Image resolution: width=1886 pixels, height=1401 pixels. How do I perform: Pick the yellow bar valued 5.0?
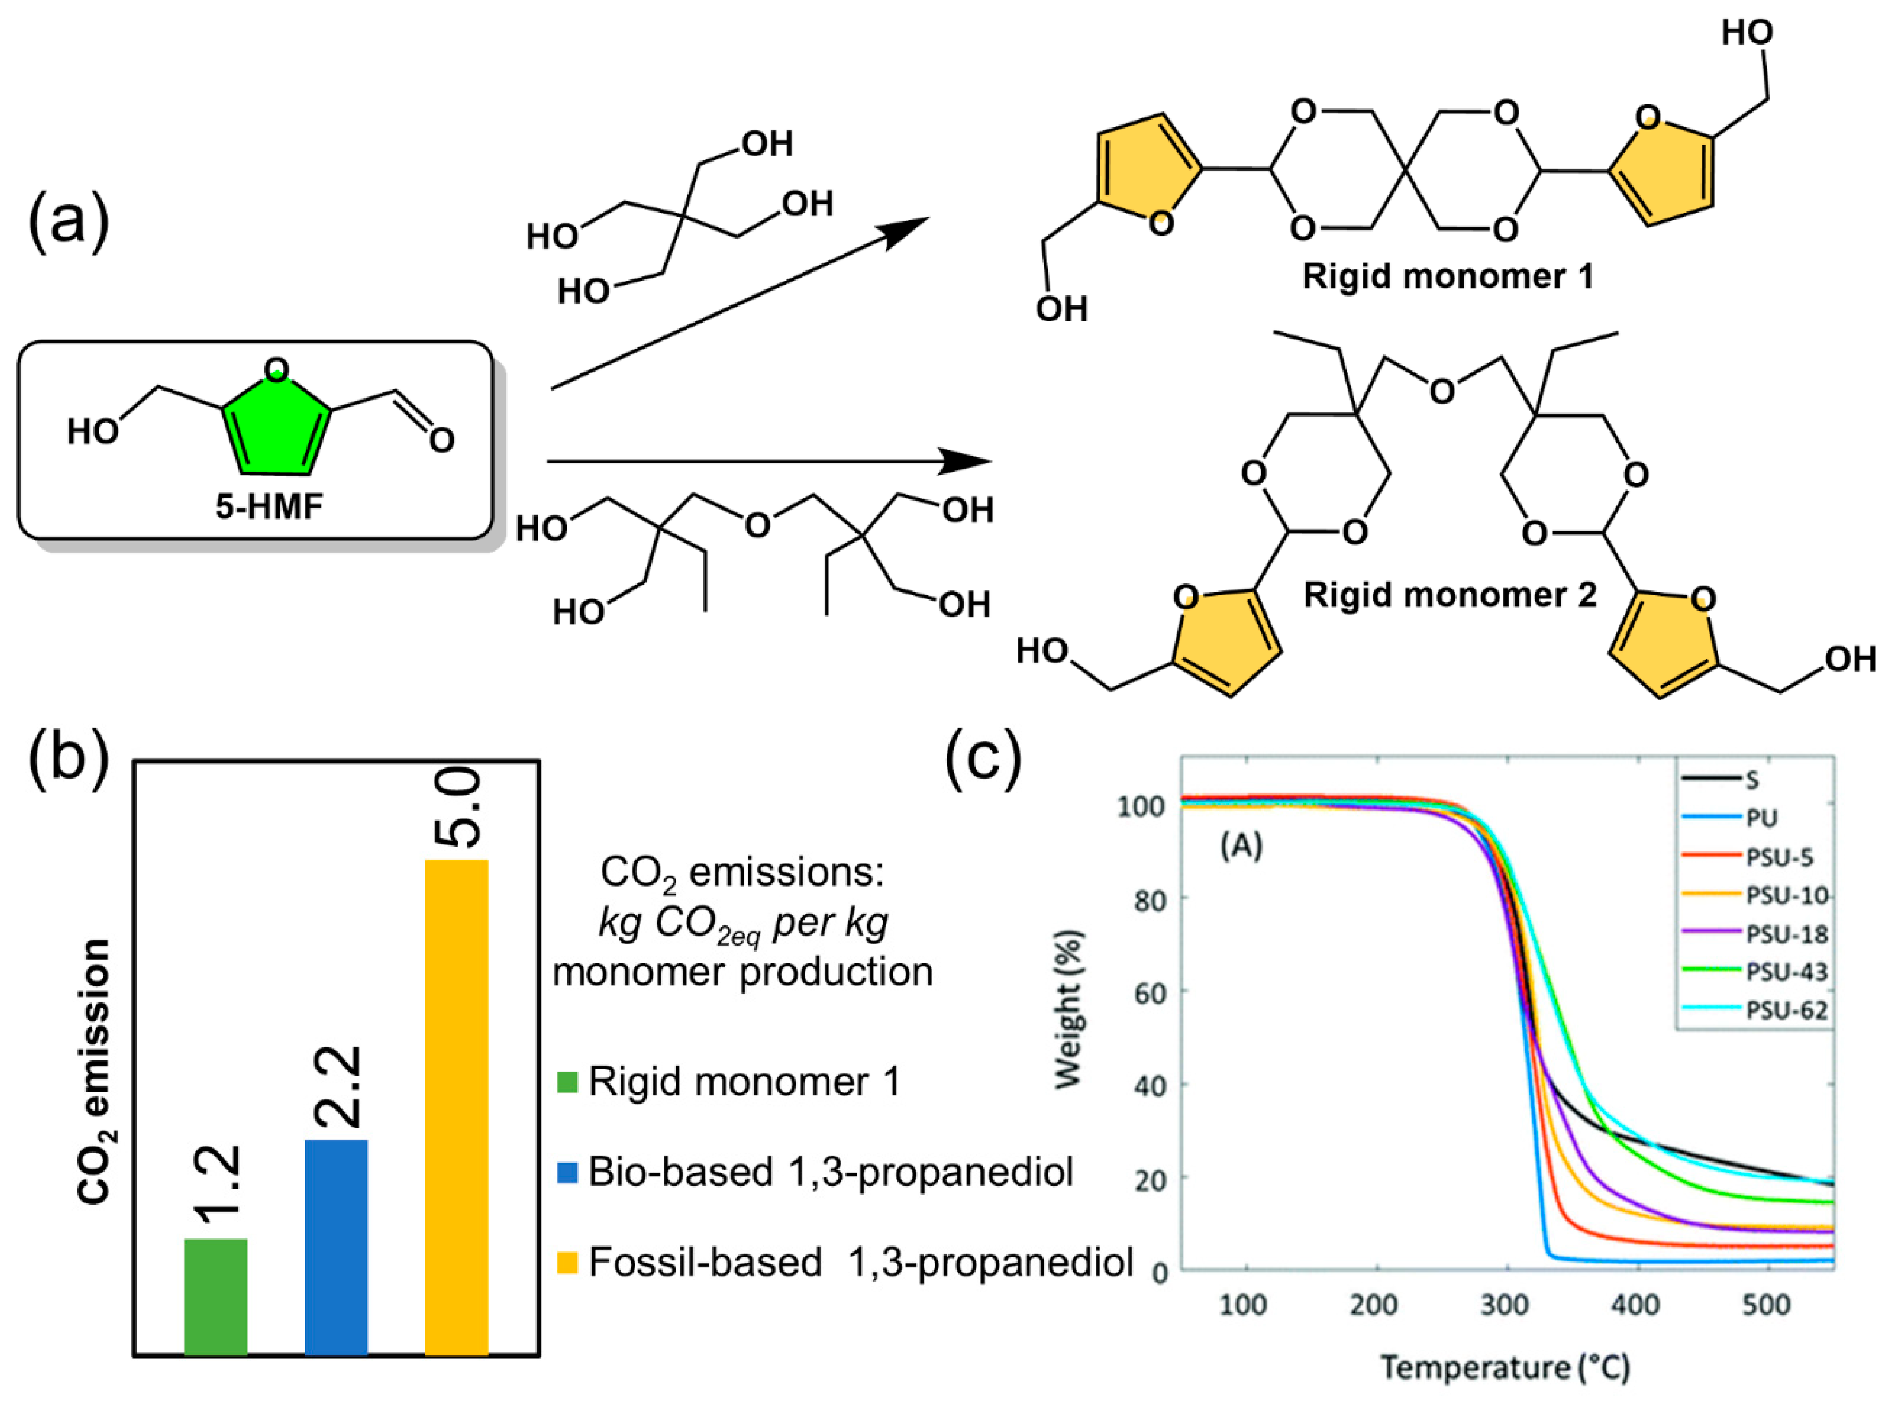(456, 1107)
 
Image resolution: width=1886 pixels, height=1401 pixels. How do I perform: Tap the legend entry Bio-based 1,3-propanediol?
(830, 1172)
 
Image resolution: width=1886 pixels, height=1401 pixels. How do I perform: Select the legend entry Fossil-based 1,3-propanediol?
(860, 1262)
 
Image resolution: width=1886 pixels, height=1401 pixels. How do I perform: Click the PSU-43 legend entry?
(1786, 972)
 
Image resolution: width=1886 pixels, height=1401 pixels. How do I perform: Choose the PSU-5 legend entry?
(1779, 857)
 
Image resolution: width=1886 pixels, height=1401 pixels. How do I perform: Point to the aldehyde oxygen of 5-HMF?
(441, 439)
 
